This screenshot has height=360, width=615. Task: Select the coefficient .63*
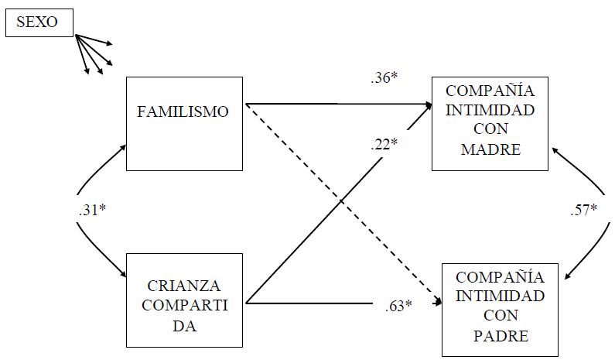click(x=398, y=305)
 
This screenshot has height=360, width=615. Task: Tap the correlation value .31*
click(x=92, y=210)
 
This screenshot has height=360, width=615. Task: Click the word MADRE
click(x=490, y=149)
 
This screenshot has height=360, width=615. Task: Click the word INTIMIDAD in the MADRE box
click(x=490, y=109)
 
